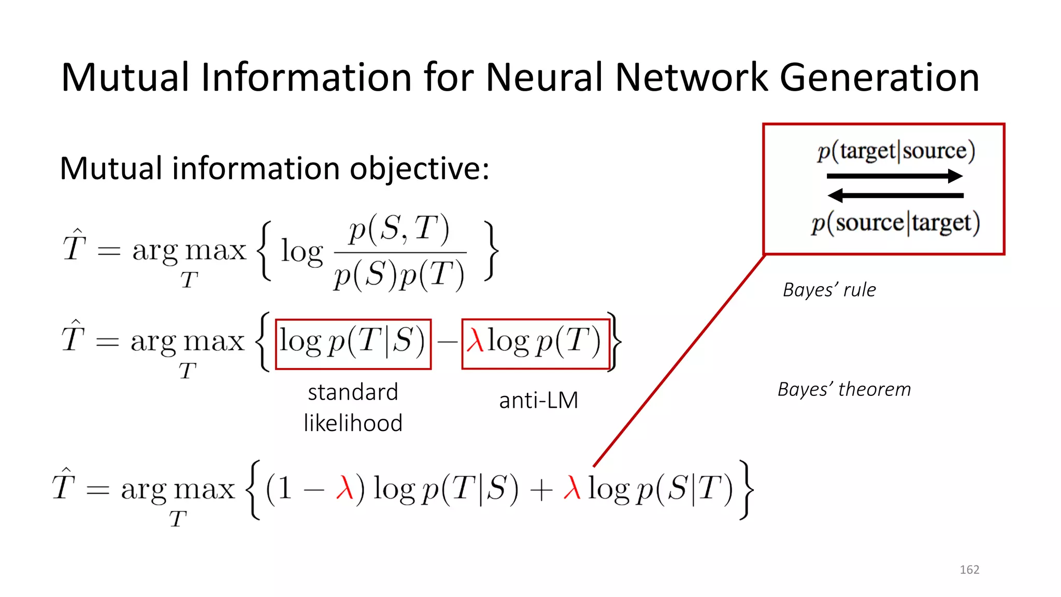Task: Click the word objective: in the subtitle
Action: click(x=419, y=169)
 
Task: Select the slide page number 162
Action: click(x=969, y=570)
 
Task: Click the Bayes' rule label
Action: click(x=829, y=290)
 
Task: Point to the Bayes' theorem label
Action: click(x=844, y=389)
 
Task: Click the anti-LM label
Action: click(x=538, y=400)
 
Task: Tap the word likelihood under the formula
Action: click(x=353, y=423)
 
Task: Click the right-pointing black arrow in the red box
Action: click(x=895, y=176)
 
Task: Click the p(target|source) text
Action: click(x=896, y=151)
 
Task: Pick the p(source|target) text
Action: click(x=896, y=223)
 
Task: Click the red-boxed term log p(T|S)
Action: click(x=352, y=343)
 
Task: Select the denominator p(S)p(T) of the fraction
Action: click(x=399, y=274)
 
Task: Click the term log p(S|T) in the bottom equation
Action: click(x=661, y=489)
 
